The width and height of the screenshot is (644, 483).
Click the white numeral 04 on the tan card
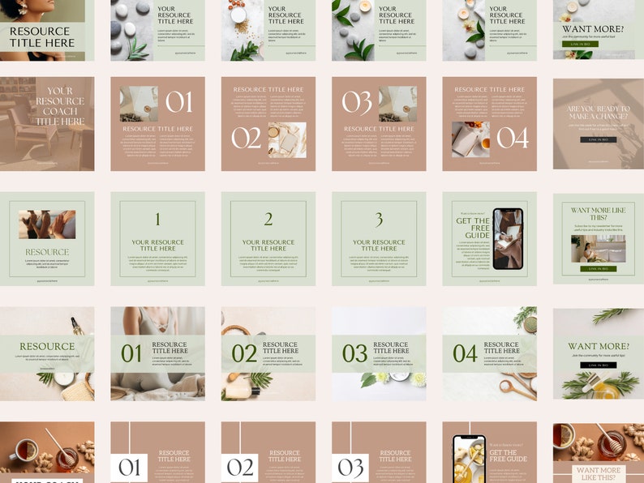pyautogui.click(x=512, y=138)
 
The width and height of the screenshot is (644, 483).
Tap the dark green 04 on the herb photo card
pyautogui.click(x=465, y=353)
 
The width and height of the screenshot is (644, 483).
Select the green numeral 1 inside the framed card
pyautogui.click(x=157, y=220)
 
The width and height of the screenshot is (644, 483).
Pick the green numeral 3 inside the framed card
pyautogui.click(x=379, y=220)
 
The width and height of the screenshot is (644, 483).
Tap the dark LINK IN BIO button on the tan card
pyautogui.click(x=598, y=139)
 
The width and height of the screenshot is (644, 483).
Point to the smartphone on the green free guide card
pyautogui.click(x=508, y=239)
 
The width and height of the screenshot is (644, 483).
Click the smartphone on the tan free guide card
pyautogui.click(x=469, y=459)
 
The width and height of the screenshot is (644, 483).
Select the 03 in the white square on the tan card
pyautogui.click(x=351, y=468)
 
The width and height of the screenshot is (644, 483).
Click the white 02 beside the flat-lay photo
pyautogui.click(x=246, y=138)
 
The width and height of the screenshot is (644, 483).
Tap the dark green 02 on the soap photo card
pyautogui.click(x=244, y=353)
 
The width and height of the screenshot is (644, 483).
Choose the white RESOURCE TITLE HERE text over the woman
pyautogui.click(x=40, y=36)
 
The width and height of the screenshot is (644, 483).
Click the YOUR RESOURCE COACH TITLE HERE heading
pyautogui.click(x=59, y=106)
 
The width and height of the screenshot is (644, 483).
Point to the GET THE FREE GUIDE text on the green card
pyautogui.click(x=473, y=229)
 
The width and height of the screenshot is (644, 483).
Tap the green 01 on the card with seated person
pyautogui.click(x=131, y=353)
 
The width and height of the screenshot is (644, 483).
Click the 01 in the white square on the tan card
pyautogui.click(x=130, y=468)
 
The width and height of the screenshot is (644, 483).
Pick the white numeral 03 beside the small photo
pyautogui.click(x=357, y=102)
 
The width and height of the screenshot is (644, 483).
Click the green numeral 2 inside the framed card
pyautogui.click(x=268, y=220)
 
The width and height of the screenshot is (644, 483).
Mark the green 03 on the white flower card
pyautogui.click(x=354, y=353)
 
